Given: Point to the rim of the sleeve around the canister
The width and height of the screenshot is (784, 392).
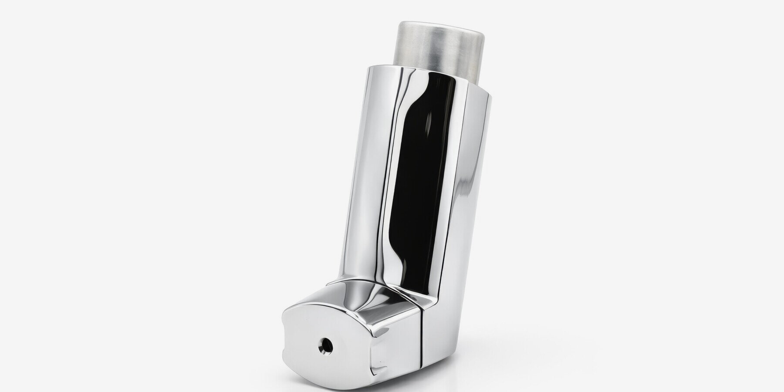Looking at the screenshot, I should pos(418,70).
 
